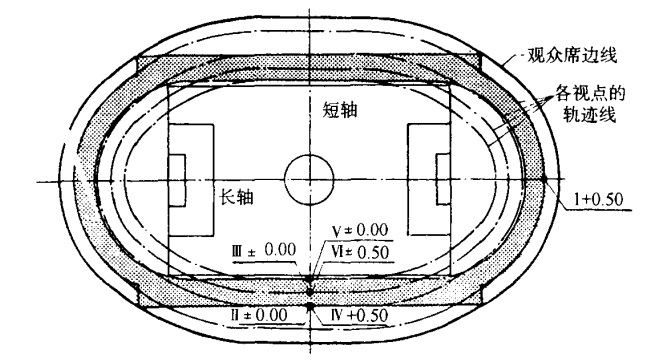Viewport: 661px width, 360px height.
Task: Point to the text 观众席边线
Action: (x=572, y=56)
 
